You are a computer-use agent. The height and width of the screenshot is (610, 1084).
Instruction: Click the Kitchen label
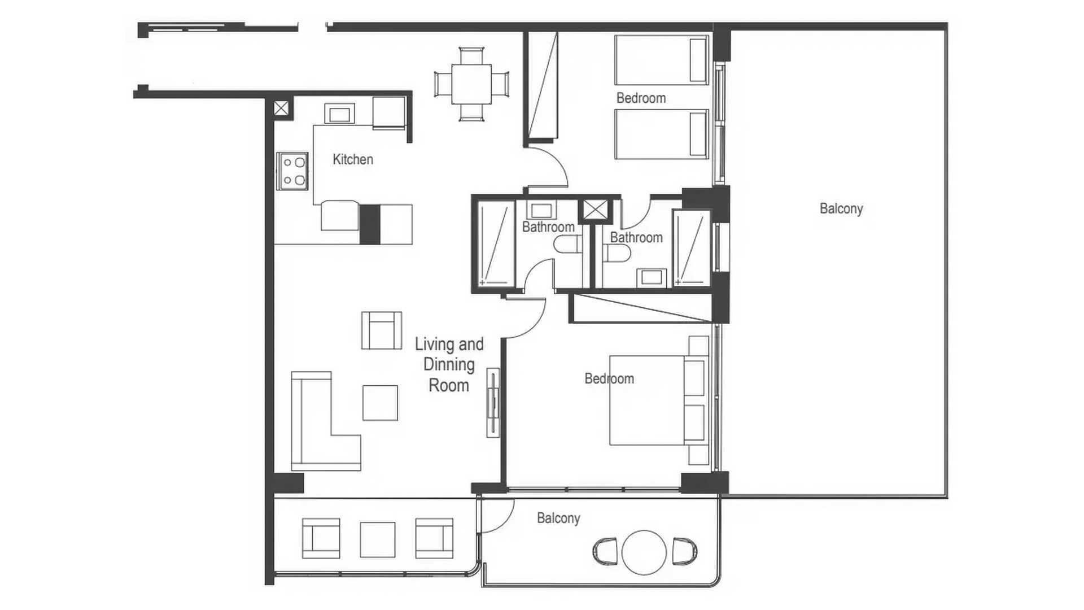pos(353,159)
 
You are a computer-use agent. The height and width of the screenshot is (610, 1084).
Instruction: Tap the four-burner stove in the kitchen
pos(292,171)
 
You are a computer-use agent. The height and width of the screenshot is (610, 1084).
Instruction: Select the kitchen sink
pos(339,114)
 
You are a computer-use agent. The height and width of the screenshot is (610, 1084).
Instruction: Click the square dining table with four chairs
pos(471,84)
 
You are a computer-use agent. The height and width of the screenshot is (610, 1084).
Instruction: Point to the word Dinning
pos(449,365)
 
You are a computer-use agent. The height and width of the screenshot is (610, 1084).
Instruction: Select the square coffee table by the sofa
pos(380,403)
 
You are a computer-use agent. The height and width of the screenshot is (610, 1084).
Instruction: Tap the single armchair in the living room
pos(382,330)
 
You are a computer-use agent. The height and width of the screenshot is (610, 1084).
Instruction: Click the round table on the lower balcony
pos(644,552)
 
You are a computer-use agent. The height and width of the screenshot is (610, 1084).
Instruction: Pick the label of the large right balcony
pos(841,208)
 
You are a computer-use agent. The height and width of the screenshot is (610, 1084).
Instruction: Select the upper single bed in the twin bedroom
pos(662,60)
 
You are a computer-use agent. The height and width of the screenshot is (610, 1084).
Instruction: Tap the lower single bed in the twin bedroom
pos(662,134)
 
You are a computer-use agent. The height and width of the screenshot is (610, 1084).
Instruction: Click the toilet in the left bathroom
pos(567,245)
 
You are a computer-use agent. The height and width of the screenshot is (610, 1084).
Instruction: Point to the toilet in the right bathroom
pos(617,254)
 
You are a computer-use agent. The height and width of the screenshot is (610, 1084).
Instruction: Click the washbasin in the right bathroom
pos(652,277)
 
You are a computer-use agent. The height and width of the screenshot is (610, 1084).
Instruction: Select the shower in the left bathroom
pos(496,245)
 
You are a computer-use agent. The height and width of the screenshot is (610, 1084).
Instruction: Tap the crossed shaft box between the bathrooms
pos(595,210)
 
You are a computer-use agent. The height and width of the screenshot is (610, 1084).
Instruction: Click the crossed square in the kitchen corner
pos(281,108)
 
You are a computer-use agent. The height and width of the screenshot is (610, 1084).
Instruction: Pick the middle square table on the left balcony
pos(378,540)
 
